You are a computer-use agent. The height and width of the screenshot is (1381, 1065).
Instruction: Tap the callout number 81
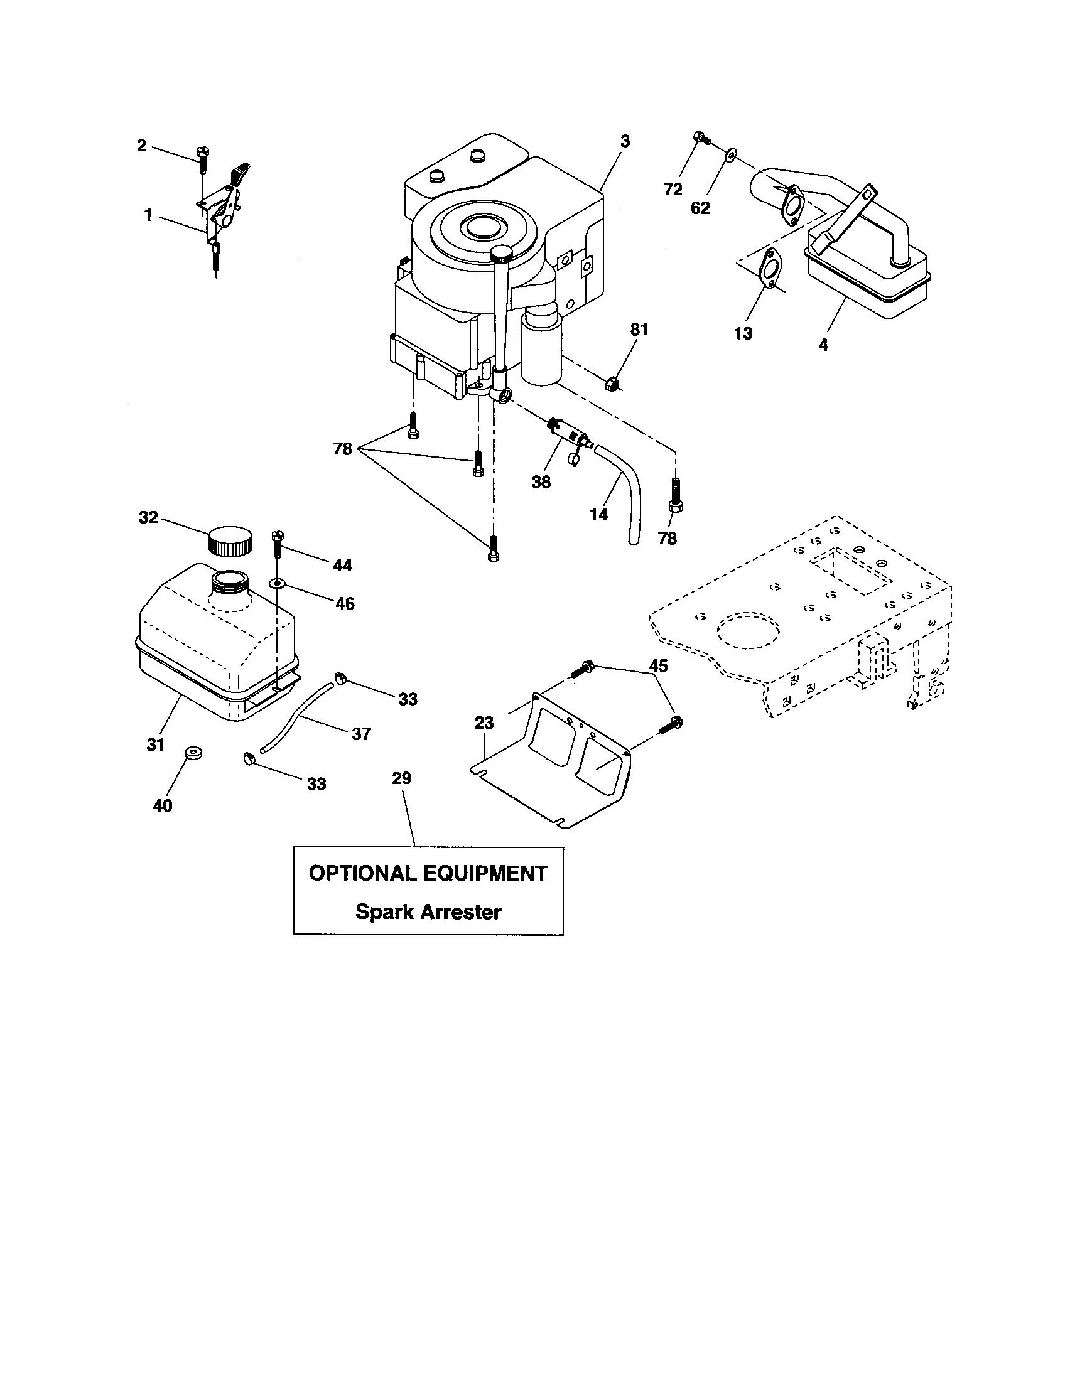tap(639, 330)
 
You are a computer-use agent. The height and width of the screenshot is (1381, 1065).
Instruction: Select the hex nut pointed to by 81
tap(611, 383)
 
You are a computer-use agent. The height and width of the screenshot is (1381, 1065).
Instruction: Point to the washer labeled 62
tap(731, 154)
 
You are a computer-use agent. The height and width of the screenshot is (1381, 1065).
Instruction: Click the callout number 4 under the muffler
tap(823, 345)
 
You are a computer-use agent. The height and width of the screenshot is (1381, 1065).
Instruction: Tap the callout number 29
tap(402, 778)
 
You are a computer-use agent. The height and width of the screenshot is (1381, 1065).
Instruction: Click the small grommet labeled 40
tap(192, 753)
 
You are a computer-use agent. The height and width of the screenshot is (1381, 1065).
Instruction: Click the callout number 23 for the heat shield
tap(484, 722)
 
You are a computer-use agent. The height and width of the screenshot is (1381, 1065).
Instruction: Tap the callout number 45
tap(658, 665)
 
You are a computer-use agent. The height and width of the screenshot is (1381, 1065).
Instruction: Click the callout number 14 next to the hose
tap(598, 514)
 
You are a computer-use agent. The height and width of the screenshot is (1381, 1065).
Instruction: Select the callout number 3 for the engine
tap(625, 141)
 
